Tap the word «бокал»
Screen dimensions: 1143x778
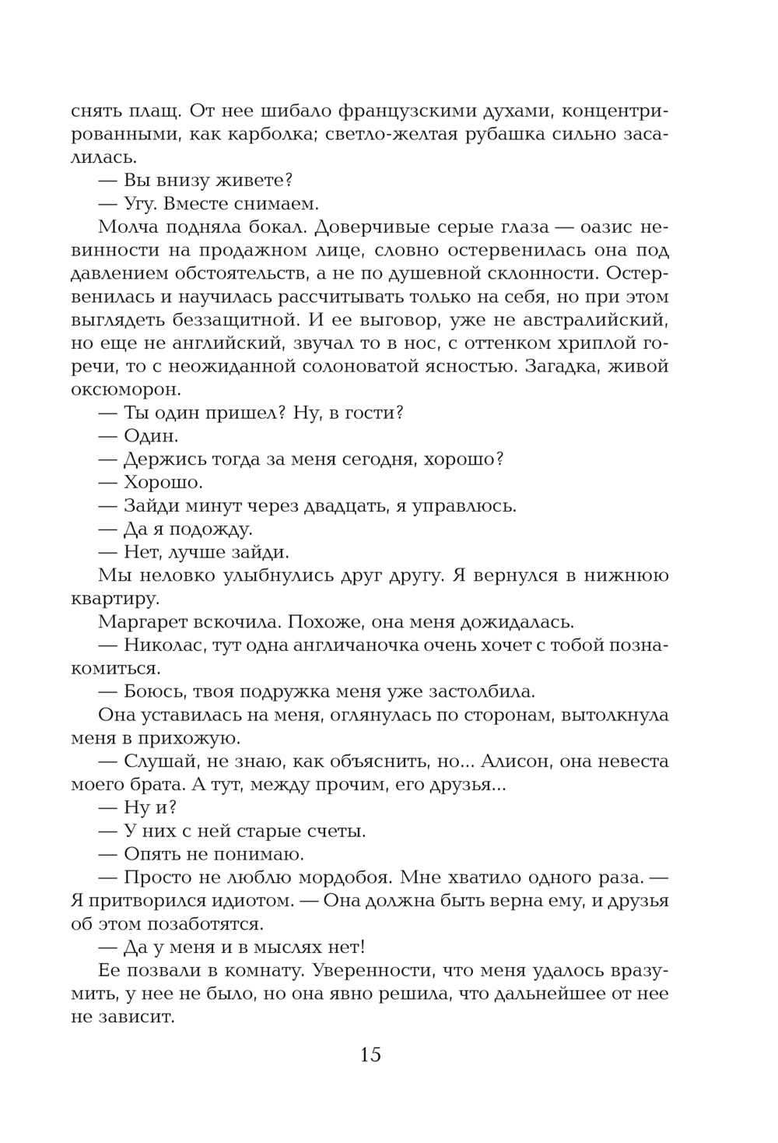click(x=273, y=227)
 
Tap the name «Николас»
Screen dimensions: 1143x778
click(x=163, y=645)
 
